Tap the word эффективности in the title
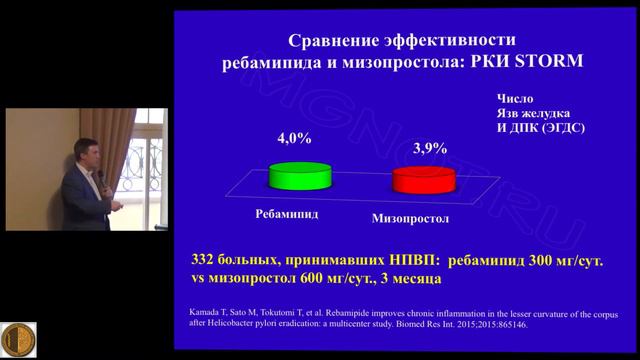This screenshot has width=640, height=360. click(454, 41)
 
